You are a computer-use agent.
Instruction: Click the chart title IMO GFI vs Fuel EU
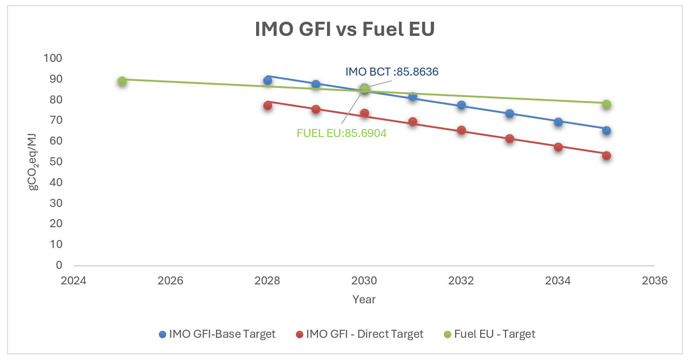pos(344,29)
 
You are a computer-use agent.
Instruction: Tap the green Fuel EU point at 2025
pos(122,81)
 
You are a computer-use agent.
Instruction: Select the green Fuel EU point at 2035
pos(606,104)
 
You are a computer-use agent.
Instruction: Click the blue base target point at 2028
pos(267,80)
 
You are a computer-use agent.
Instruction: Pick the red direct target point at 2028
pos(267,105)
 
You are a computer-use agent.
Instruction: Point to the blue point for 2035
pos(606,130)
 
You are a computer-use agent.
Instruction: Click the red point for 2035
pos(606,155)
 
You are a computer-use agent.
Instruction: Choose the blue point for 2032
pos(461,105)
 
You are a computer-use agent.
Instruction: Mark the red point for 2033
pos(509,138)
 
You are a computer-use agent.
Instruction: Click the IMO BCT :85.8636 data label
pos(392,72)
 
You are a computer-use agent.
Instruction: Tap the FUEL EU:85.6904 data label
pos(341,133)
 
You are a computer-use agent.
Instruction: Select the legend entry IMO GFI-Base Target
pos(217,334)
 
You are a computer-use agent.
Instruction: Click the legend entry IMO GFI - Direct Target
pos(359,334)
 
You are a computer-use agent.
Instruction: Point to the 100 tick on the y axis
pos(53,58)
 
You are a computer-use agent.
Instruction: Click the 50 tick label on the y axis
pos(56,162)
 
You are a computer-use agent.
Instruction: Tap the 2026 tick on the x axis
pos(170,281)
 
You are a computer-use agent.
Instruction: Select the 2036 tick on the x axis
pos(655,281)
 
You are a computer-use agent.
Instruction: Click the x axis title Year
pos(364,299)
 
